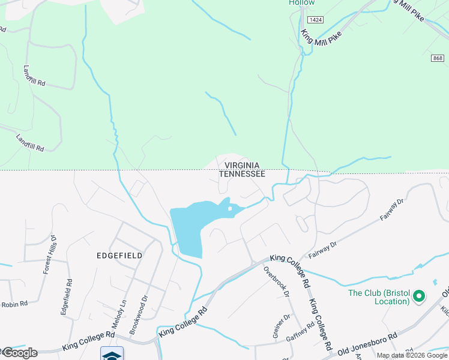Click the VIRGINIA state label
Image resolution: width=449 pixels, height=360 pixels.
tap(242, 165)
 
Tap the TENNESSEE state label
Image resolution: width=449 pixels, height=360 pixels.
tap(242, 173)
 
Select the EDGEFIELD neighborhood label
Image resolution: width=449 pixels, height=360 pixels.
tap(119, 255)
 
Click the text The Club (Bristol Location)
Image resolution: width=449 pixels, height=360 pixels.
tap(379, 297)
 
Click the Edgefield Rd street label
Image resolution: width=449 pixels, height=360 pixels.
tap(67, 296)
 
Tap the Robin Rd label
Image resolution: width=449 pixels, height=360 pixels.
tap(14, 304)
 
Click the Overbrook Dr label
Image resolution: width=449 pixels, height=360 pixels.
tap(277, 281)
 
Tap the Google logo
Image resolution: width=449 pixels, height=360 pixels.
tap(19, 352)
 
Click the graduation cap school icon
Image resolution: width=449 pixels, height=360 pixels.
tap(112, 355)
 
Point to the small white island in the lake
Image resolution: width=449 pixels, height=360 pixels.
tap(230, 209)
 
